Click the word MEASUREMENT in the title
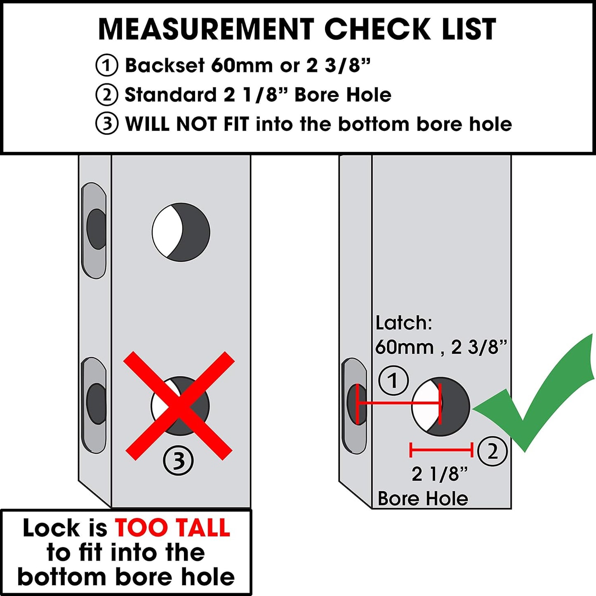pyautogui.click(x=206, y=29)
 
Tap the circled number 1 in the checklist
pyautogui.click(x=107, y=66)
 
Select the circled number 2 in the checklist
pyautogui.click(x=107, y=95)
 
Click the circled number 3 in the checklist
pyautogui.click(x=107, y=124)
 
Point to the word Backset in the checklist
pyautogui.click(x=165, y=66)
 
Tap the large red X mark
pyautogui.click(x=179, y=406)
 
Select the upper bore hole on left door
pyautogui.click(x=181, y=232)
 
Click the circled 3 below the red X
pyautogui.click(x=178, y=461)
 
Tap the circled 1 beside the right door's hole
pyautogui.click(x=393, y=380)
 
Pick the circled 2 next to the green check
pyautogui.click(x=492, y=451)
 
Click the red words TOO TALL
pyautogui.click(x=172, y=528)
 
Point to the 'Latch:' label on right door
pyautogui.click(x=403, y=323)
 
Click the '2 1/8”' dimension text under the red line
pyautogui.click(x=440, y=474)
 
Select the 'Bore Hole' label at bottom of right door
pyautogui.click(x=423, y=499)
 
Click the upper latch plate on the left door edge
pyautogui.click(x=94, y=230)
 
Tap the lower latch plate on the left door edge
pyautogui.click(x=94, y=405)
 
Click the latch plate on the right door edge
pyautogui.click(x=354, y=406)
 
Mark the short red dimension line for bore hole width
pyautogui.click(x=441, y=450)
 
